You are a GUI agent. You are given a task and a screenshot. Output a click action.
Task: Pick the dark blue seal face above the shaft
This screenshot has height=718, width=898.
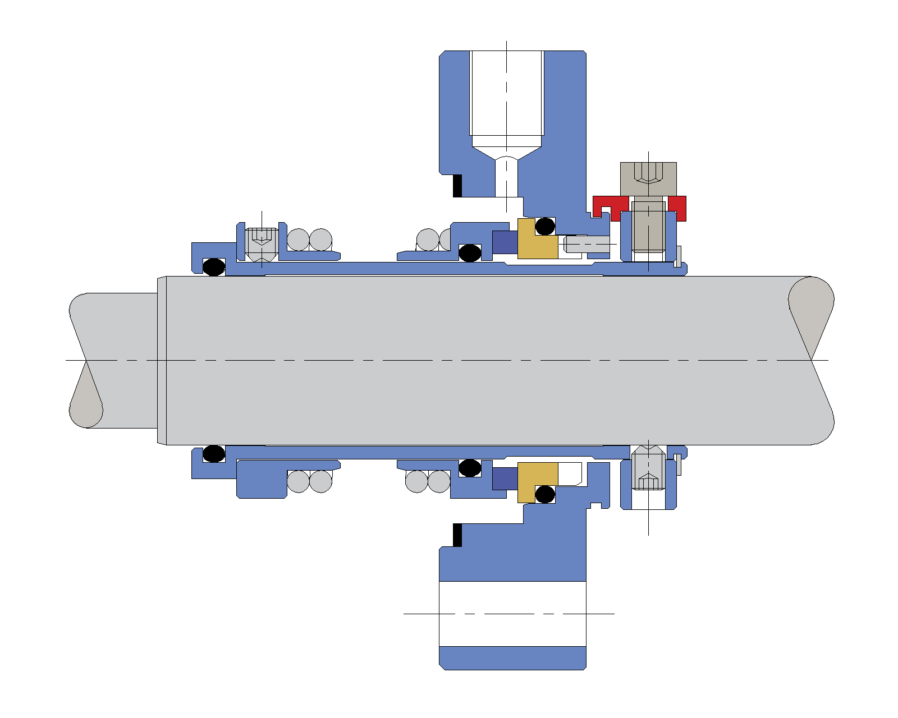[505, 242]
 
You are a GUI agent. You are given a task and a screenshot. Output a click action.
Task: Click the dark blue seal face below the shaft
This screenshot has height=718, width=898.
[505, 478]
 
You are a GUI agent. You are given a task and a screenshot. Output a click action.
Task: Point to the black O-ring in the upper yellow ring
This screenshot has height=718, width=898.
[545, 226]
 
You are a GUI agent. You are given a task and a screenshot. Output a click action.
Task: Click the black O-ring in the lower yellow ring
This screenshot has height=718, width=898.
[545, 495]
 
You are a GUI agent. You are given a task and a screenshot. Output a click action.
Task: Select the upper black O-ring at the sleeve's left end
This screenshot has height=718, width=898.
[213, 266]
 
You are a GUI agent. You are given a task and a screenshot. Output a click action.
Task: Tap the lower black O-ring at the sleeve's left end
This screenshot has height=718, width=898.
[213, 453]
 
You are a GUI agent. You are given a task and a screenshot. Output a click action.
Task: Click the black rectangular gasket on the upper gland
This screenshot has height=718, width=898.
[457, 186]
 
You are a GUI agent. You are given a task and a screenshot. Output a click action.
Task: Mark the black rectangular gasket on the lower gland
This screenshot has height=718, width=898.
[457, 535]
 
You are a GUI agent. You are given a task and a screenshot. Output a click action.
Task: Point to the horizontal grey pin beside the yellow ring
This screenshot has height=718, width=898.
[587, 244]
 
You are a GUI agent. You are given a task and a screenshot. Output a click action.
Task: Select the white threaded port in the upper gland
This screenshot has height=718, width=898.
[506, 95]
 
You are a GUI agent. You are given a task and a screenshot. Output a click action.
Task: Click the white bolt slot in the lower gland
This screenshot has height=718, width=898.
[512, 613]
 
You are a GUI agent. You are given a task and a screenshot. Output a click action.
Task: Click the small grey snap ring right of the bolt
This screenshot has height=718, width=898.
[678, 256]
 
